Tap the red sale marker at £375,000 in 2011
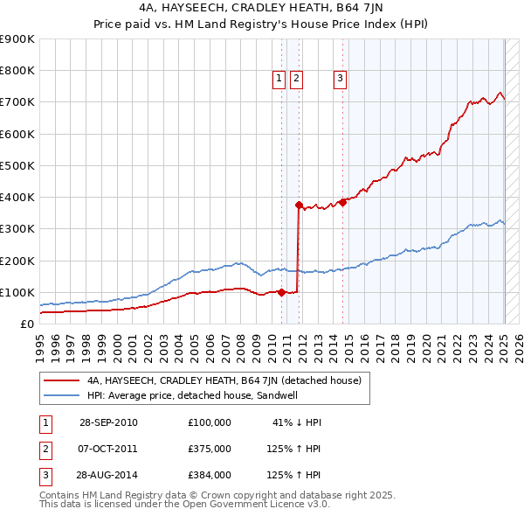tap(299, 206)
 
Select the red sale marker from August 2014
tap(343, 202)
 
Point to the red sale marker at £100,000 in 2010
tap(282, 292)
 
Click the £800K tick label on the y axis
tap(17, 71)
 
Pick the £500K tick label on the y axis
tap(17, 165)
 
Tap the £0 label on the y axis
tap(26, 324)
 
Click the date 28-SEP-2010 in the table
tap(108, 422)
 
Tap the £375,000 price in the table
tap(210, 449)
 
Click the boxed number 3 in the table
tap(44, 475)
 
